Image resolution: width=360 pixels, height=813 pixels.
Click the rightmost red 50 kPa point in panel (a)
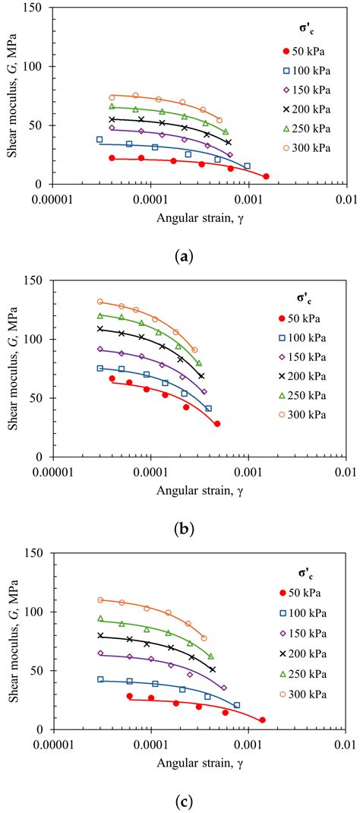pos(266,176)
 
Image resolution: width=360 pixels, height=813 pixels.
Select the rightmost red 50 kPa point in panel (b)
pos(217,424)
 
